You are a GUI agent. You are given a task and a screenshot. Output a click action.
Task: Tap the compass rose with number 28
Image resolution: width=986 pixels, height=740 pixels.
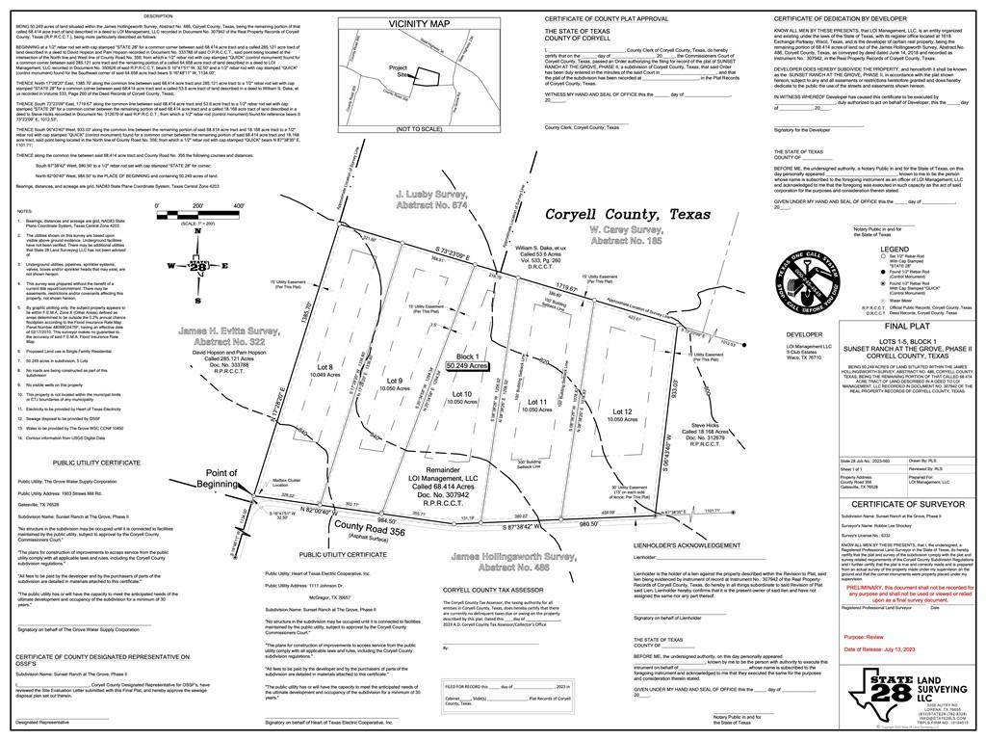[x=196, y=267]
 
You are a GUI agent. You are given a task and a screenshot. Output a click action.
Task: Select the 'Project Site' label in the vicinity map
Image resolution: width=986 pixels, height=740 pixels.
[x=399, y=72]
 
